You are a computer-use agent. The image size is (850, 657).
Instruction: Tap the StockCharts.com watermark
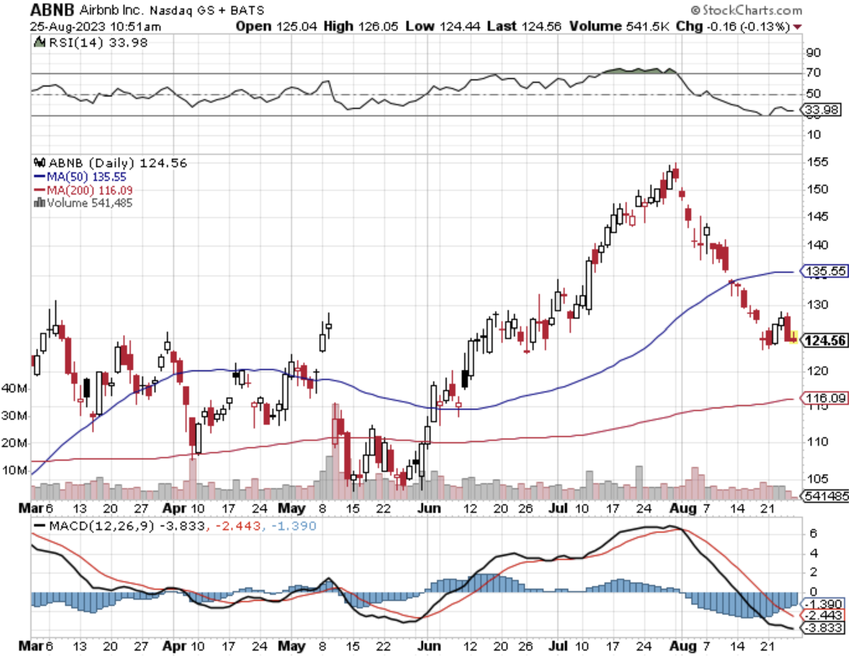[x=746, y=10]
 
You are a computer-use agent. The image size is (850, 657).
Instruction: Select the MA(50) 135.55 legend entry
[x=80, y=177]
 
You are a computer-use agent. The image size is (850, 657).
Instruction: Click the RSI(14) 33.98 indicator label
[x=92, y=42]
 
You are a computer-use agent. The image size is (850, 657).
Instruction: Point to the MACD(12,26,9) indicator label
[x=95, y=526]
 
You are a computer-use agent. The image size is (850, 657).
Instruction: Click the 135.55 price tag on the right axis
[x=825, y=271]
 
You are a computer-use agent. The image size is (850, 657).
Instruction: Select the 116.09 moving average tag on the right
[x=825, y=398]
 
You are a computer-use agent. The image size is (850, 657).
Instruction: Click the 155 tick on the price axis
[x=817, y=162]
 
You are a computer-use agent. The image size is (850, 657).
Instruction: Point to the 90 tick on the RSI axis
[x=813, y=52]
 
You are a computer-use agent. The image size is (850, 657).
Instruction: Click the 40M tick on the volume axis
[x=14, y=388]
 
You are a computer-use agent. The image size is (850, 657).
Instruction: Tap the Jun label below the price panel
[x=429, y=508]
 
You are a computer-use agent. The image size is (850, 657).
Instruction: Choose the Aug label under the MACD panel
[x=683, y=646]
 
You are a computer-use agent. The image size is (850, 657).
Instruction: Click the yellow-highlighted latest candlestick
[x=793, y=338]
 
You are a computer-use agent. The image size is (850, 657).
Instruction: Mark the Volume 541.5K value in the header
[x=619, y=26]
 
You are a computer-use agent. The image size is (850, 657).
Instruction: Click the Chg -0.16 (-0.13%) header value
[x=733, y=26]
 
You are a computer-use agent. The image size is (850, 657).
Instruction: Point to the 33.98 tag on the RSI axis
[x=822, y=109]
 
